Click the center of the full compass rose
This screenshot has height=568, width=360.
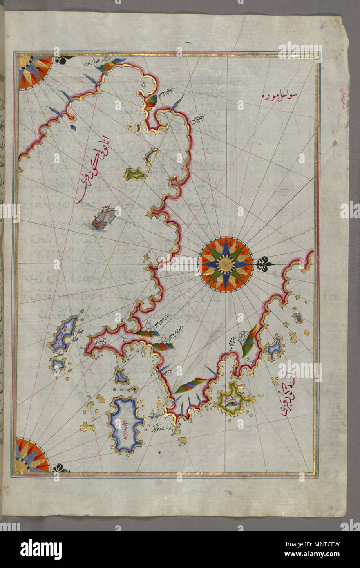[226, 264]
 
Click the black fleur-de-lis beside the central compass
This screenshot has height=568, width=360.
[264, 264]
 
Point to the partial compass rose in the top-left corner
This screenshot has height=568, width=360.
[35, 71]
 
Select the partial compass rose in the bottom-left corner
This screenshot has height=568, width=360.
[32, 455]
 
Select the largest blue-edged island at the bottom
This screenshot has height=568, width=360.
[125, 425]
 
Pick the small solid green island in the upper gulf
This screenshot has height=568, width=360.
[135, 175]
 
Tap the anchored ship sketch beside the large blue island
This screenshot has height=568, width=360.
[154, 416]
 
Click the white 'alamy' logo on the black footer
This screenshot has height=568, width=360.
[41, 550]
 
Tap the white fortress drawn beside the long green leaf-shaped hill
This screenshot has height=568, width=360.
[244, 338]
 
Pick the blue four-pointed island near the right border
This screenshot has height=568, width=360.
[275, 348]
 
